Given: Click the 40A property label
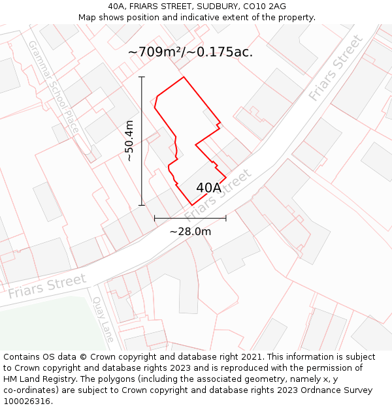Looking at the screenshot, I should (208, 188).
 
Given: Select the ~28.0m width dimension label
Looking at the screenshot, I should (190, 231).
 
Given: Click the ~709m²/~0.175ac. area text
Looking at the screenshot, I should (190, 52).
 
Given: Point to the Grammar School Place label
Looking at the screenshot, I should (53, 87).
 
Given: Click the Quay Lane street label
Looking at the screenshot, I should (104, 319).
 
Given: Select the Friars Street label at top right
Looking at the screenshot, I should (336, 67).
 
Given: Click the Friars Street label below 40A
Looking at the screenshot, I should (218, 195).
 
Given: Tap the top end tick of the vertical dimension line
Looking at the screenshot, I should (142, 76).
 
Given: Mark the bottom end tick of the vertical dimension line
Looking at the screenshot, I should (142, 206).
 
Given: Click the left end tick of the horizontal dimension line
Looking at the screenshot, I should (154, 218).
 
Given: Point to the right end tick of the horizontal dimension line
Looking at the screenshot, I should (226, 218).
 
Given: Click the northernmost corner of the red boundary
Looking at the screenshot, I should (184, 77).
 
